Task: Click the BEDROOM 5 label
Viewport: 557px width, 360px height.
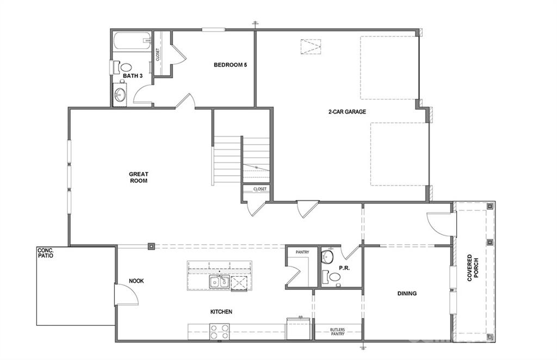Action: coord(230,65)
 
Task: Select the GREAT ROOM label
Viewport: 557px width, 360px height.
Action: coord(138,177)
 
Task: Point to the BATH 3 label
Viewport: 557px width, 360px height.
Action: coord(132,76)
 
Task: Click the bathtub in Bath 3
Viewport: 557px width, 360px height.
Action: coord(132,42)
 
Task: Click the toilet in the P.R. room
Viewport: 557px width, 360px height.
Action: coord(327,257)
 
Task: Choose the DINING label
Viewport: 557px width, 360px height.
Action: coord(406,294)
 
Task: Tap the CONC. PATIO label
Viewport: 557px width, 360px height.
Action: coord(45,253)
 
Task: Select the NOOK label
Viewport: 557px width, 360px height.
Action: coord(136,281)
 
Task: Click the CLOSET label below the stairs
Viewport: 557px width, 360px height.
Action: coord(259,189)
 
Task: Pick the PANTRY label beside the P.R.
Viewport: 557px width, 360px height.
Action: coord(302,252)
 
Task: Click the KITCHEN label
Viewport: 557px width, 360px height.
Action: coord(221,312)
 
